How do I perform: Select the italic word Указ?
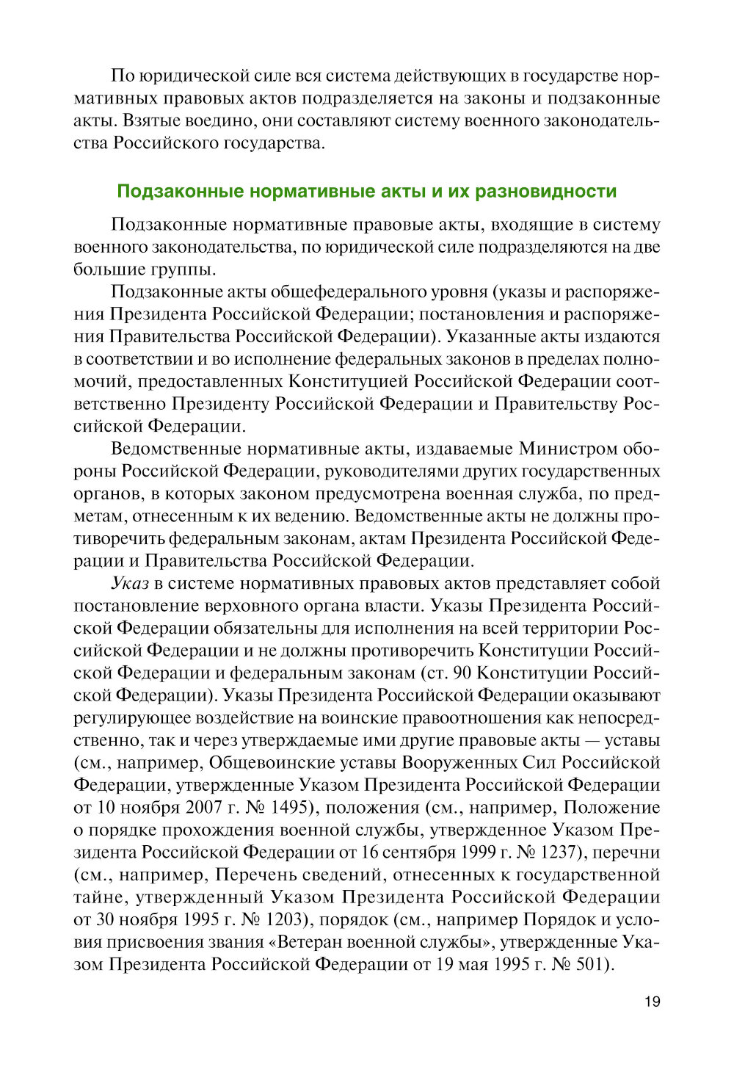130,584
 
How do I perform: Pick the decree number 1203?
276,920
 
